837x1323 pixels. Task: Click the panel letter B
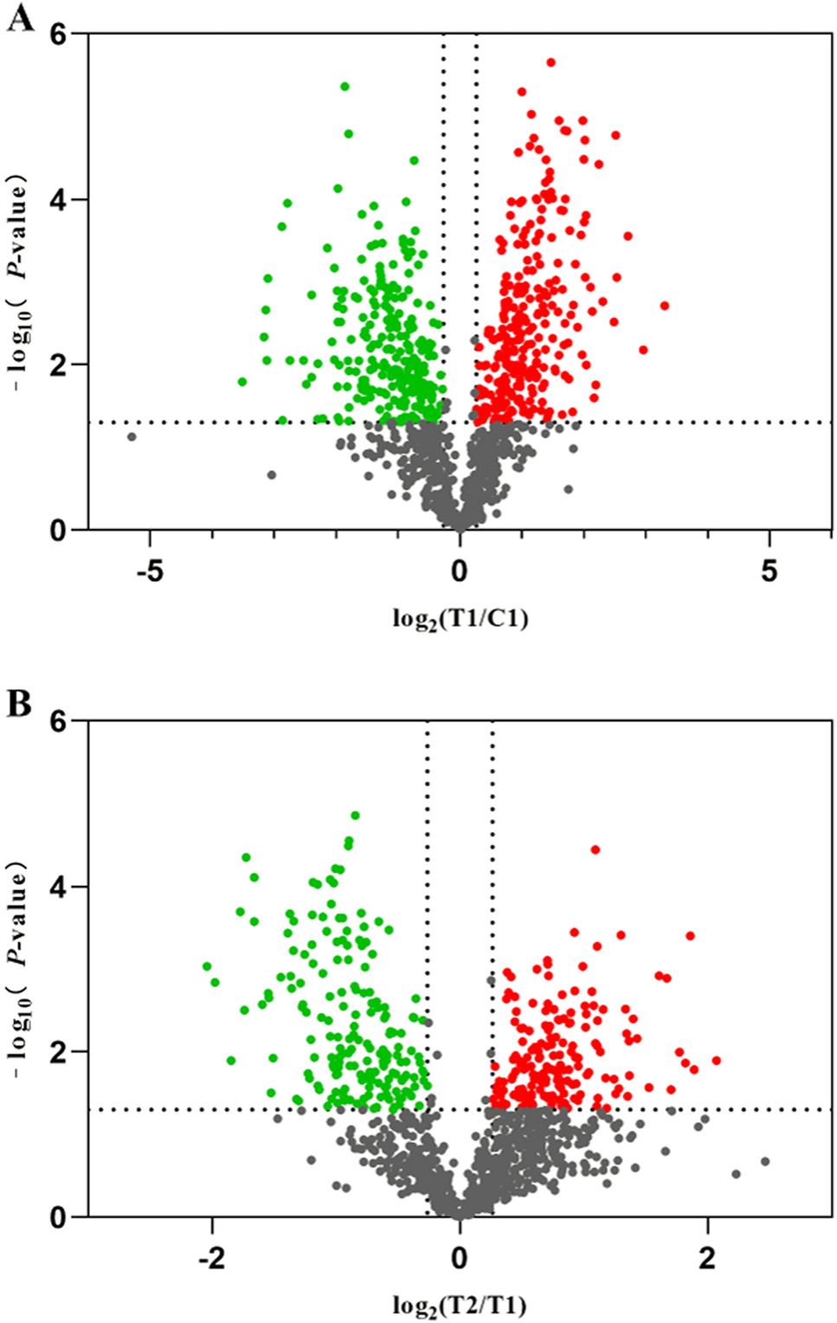coord(19,704)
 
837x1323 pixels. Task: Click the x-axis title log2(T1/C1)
coord(460,618)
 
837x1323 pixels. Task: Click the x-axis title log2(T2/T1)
coord(460,1305)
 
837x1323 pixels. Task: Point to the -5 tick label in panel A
coord(150,571)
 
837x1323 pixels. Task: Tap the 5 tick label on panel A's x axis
coord(769,571)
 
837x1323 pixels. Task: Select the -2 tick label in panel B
coord(211,1258)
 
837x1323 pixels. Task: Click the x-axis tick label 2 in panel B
coord(708,1258)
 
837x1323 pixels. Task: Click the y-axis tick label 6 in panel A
coord(58,34)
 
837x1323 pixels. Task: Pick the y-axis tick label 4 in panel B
coord(58,887)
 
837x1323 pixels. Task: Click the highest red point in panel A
coord(550,62)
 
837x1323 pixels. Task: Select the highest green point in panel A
coord(344,87)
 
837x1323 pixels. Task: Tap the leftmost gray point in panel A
coord(132,436)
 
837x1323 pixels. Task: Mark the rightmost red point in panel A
coord(665,306)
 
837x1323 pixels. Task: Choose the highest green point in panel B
coord(355,816)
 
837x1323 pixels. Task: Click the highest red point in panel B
coord(596,849)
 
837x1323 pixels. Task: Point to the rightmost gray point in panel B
coord(765,1161)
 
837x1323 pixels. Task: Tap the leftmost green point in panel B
coord(207,966)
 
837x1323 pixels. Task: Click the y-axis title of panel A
coord(19,281)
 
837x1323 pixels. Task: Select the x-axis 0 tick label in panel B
coord(460,1258)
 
